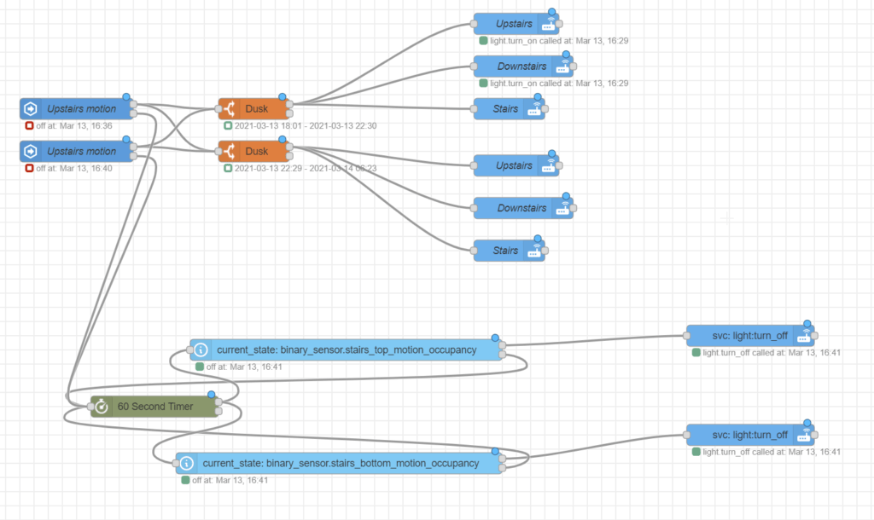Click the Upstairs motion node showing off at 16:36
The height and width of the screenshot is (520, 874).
(81, 109)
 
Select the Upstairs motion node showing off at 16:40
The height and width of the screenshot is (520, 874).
(81, 151)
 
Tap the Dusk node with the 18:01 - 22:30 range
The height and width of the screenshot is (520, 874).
(256, 109)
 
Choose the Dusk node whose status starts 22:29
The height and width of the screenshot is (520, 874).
(256, 151)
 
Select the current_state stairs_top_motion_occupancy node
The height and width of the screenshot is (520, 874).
(345, 350)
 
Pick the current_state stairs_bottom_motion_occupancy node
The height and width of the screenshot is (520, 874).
(338, 464)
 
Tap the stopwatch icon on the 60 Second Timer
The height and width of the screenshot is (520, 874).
(102, 407)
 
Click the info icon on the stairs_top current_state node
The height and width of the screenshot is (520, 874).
(201, 350)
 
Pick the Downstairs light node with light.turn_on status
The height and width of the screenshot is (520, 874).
(521, 66)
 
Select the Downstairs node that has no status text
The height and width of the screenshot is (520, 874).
(521, 208)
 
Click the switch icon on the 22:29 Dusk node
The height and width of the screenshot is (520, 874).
(229, 151)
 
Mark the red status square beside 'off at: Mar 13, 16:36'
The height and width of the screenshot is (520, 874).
(29, 125)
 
